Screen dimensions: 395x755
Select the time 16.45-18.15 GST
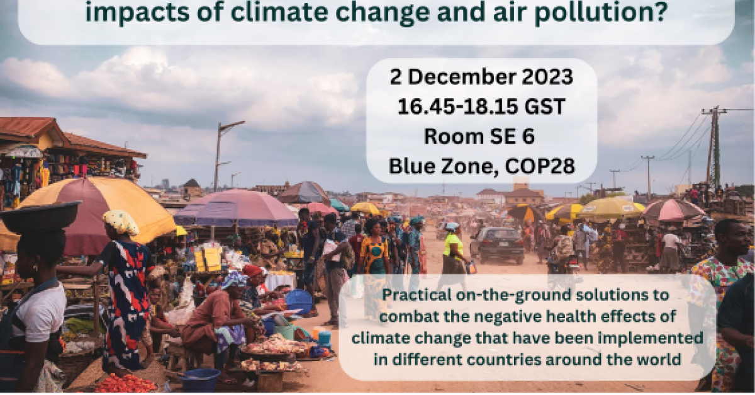[481, 106]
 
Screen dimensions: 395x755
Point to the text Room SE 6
[481, 135]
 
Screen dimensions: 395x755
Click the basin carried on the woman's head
[39, 217]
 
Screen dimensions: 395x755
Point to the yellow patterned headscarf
[121, 221]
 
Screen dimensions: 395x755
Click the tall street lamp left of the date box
[218, 154]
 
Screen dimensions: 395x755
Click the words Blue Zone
[431, 165]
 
